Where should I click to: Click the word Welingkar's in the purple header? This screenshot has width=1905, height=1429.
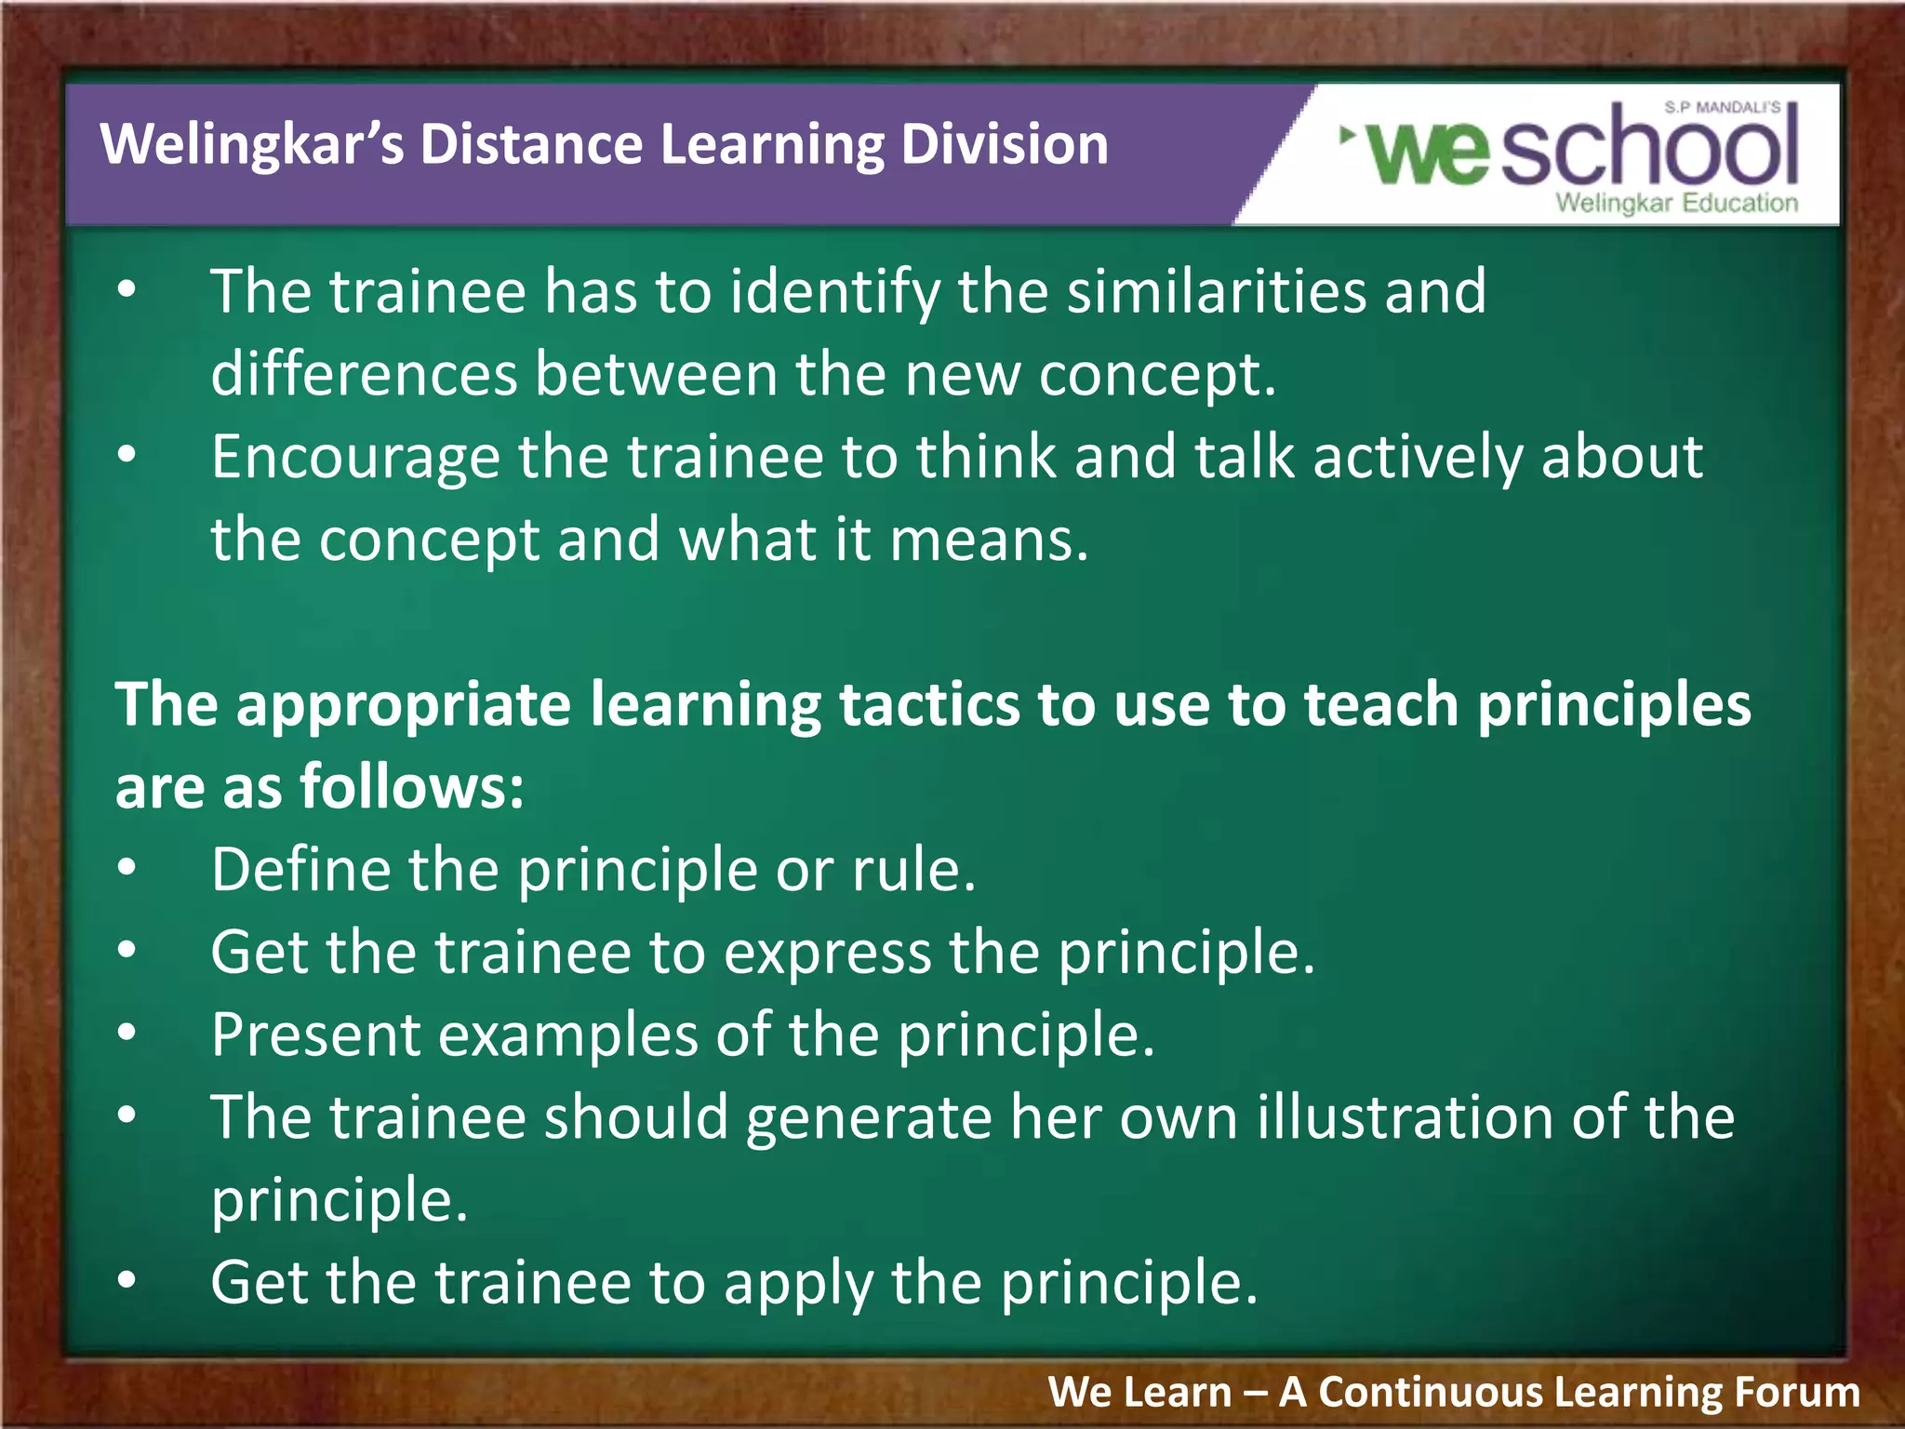pos(251,145)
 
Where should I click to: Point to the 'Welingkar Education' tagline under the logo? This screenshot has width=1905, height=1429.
pos(1676,203)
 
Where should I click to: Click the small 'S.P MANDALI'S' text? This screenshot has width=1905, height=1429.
pos(1723,108)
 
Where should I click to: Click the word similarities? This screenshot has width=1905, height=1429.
pos(1217,292)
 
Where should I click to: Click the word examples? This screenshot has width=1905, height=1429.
pos(567,1035)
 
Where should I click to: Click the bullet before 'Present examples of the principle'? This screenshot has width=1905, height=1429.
pos(127,1033)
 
